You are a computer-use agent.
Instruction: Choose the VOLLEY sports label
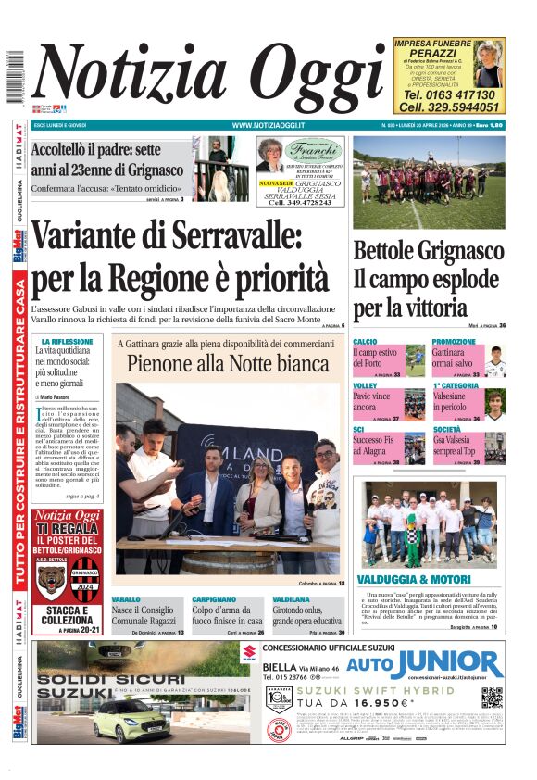coord(365,384)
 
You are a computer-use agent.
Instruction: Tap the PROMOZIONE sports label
coord(454,342)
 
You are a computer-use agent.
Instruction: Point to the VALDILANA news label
coord(292,599)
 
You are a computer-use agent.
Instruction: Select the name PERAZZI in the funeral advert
coord(434,54)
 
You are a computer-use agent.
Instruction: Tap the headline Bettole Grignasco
coord(429,251)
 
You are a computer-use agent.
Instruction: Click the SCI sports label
coord(359,429)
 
